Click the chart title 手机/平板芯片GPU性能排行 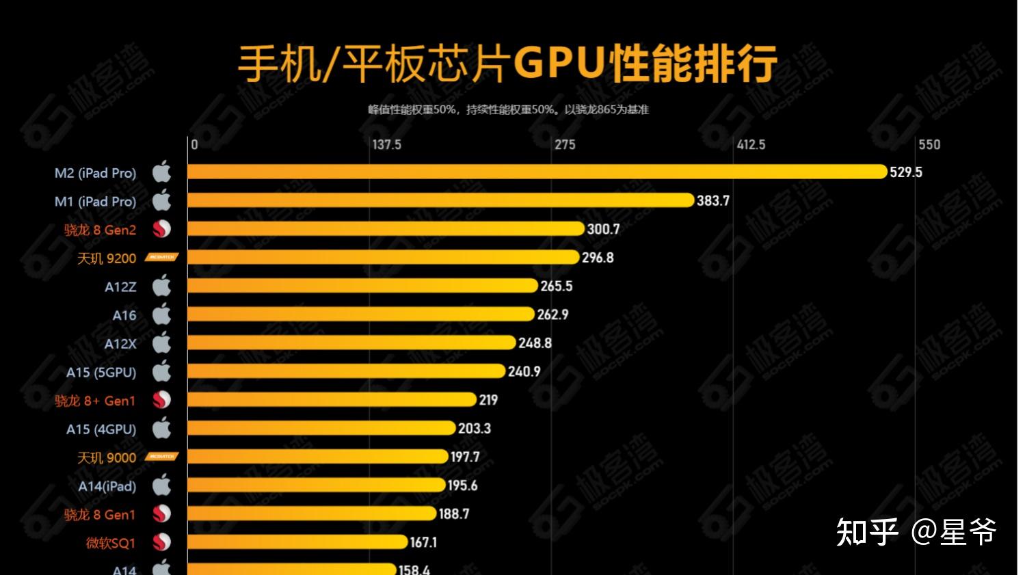(507, 64)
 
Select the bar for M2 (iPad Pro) (537, 172)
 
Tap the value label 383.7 (713, 201)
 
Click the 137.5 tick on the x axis (386, 145)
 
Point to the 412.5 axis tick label (750, 145)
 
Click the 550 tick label (929, 145)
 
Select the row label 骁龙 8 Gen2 (100, 230)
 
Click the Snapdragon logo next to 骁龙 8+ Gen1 (161, 400)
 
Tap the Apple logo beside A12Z (161, 286)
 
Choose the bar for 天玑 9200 (383, 258)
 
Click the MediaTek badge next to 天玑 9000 (162, 457)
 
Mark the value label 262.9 (553, 315)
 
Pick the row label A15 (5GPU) (101, 373)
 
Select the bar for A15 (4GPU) (321, 429)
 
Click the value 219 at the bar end (488, 400)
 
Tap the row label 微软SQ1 (110, 543)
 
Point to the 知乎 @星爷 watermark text (916, 532)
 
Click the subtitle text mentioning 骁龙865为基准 (507, 109)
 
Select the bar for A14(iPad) (316, 485)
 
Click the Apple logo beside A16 (161, 315)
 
